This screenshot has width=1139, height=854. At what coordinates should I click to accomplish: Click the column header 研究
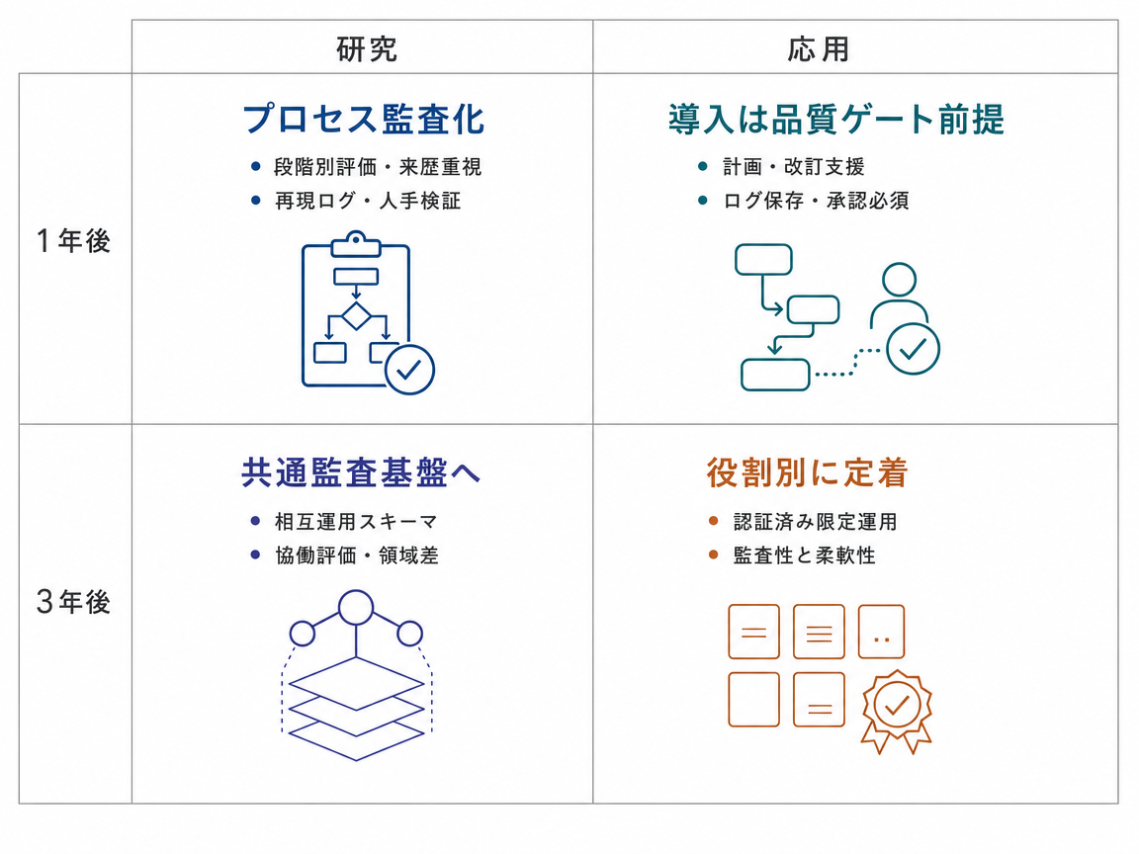pos(367,48)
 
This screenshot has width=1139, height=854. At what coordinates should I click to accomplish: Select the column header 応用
pos(819,48)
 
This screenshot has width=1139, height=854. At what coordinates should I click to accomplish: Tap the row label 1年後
pos(73,240)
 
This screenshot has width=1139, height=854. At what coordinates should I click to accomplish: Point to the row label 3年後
pos(73,601)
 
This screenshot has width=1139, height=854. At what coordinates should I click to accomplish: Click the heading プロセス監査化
pos(364,119)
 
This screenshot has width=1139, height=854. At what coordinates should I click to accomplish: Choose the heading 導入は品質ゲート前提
pos(836,119)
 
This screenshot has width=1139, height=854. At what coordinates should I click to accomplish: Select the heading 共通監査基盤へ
pos(361,472)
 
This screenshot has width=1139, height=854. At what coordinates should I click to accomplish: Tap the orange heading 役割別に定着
pos(807,472)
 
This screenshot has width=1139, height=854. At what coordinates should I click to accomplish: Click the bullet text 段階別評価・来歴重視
pos(378,167)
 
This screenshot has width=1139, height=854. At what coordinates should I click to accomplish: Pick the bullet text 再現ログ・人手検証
pos(368,201)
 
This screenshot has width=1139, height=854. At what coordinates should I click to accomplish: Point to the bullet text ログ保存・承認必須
pos(816,201)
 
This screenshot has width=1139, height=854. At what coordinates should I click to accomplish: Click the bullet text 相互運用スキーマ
pos(356,522)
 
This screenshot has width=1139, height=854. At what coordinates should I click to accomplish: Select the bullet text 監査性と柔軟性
pos(804,555)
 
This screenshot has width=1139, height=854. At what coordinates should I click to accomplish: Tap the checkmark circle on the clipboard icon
pos(409,370)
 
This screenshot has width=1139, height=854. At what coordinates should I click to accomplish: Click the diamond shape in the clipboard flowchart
pos(356,316)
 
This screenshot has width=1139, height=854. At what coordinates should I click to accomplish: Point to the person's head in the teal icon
pos(900,280)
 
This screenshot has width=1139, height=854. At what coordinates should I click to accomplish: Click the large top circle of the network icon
pos(356,607)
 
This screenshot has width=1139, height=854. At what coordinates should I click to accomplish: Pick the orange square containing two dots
pos(881,631)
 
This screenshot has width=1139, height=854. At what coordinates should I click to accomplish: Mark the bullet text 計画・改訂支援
pos(793,167)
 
